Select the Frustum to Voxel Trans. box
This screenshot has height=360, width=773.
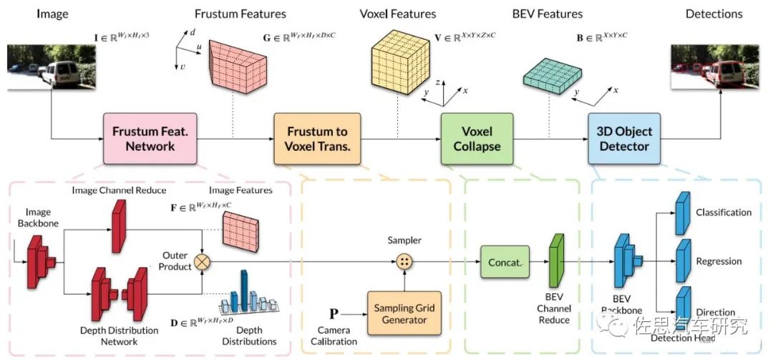(317, 139)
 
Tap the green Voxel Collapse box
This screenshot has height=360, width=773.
(477, 139)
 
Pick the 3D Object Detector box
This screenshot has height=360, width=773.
(623, 139)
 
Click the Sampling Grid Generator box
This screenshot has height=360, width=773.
(404, 313)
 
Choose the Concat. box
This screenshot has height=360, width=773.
(505, 263)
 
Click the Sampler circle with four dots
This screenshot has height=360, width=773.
(404, 263)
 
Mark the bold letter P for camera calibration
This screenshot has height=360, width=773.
(334, 314)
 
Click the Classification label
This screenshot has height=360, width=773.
(724, 213)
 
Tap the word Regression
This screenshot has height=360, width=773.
(719, 262)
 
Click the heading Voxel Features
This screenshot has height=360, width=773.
(399, 14)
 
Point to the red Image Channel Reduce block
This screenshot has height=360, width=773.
(120, 225)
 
